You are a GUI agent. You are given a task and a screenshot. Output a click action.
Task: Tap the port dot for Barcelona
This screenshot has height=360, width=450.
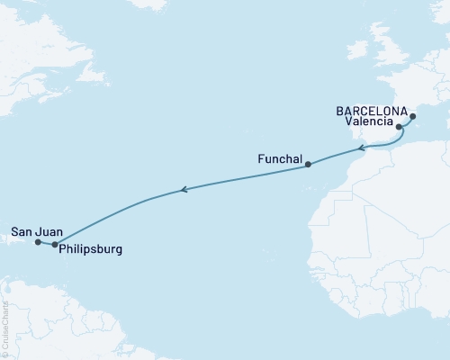tap(413, 116)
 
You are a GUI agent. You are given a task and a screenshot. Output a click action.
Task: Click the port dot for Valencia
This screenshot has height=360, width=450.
tap(399, 128)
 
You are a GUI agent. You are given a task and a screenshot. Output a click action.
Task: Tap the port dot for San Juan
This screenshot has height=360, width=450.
tap(38, 242)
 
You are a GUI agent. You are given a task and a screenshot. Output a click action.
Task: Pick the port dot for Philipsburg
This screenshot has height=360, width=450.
tap(55, 244)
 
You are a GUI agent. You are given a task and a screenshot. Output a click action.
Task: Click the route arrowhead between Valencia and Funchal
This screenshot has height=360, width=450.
tap(360, 148)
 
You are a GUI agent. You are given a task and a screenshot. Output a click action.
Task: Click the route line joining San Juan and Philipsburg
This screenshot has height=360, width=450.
tap(46, 243)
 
